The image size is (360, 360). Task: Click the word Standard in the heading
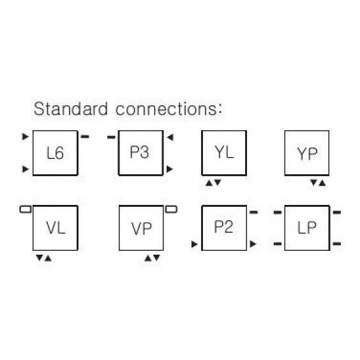click(x=71, y=109)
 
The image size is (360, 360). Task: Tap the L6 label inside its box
click(x=55, y=153)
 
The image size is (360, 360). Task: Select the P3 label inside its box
click(x=139, y=152)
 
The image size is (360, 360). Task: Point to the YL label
click(x=224, y=152)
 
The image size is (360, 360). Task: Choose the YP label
click(x=307, y=154)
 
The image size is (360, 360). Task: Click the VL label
click(x=56, y=228)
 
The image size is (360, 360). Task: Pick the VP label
click(x=141, y=229)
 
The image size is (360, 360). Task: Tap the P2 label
click(x=223, y=227)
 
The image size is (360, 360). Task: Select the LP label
click(x=307, y=227)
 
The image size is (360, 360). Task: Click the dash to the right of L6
click(x=85, y=137)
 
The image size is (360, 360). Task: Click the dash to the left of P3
click(x=111, y=137)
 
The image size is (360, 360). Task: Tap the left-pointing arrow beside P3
click(x=170, y=137)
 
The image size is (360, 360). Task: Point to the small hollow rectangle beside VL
click(x=26, y=209)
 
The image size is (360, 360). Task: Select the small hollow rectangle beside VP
click(x=171, y=209)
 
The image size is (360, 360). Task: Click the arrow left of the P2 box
click(x=195, y=244)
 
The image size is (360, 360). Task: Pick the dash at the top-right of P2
click(x=253, y=212)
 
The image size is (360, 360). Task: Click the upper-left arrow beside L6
click(x=26, y=137)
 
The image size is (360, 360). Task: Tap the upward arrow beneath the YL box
click(x=209, y=183)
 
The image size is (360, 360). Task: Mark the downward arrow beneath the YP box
click(x=313, y=183)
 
